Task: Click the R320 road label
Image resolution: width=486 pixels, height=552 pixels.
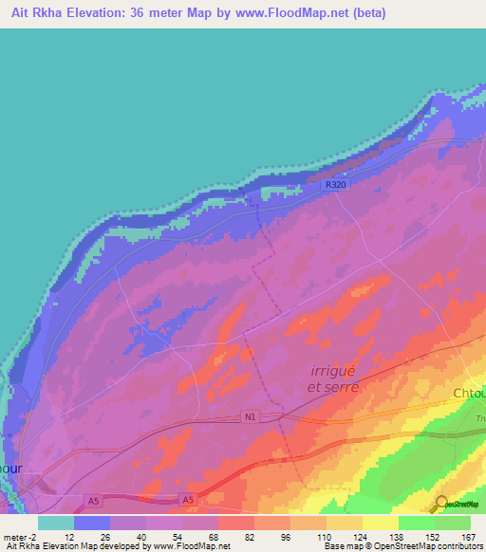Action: click(x=335, y=186)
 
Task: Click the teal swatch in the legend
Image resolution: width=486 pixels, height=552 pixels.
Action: click(x=56, y=523)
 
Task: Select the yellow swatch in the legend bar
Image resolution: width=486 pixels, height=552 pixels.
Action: click(x=380, y=523)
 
